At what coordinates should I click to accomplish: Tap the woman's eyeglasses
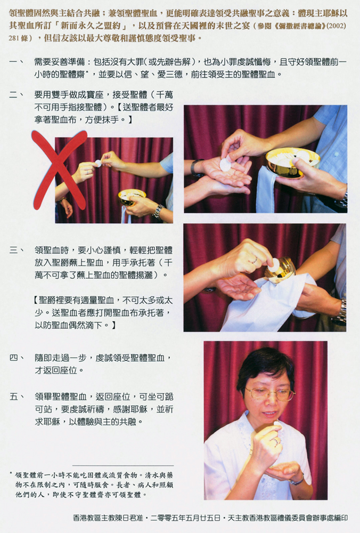pos(270,394)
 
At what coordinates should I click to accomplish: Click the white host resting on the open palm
pos(225,165)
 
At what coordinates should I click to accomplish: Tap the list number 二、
pos(17,94)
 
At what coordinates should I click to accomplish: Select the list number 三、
pos(17,251)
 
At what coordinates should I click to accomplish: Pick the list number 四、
pos(17,358)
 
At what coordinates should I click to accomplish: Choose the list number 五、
pos(17,397)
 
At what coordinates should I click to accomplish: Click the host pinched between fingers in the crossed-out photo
pos(98,163)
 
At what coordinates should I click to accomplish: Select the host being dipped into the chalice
pos(274,265)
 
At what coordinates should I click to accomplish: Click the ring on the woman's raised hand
pos(276,442)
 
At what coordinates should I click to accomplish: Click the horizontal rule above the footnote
pos(123,465)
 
